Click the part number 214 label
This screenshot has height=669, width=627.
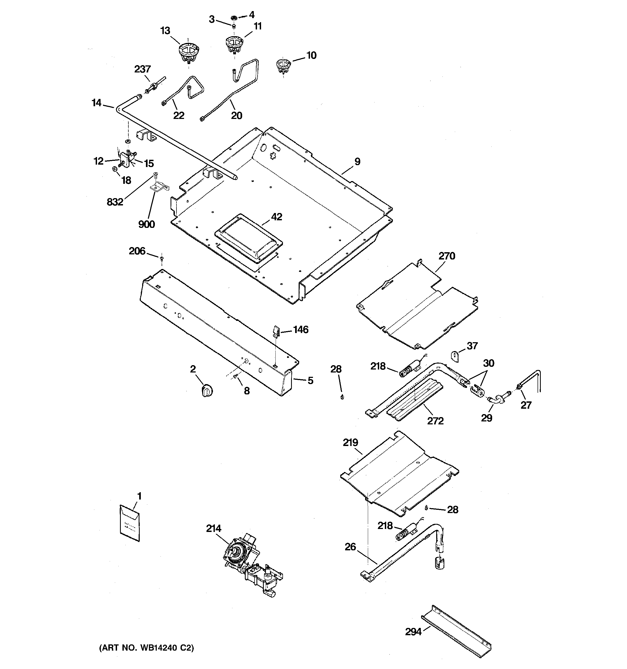214,529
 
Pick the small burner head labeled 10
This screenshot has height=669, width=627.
284,66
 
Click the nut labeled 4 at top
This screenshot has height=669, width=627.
233,17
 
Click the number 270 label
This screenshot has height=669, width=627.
447,256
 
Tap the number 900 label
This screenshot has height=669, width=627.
146,224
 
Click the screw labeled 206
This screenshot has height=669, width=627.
162,258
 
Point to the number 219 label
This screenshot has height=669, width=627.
350,442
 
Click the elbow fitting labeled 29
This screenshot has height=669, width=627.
495,401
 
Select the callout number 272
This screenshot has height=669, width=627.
435,421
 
